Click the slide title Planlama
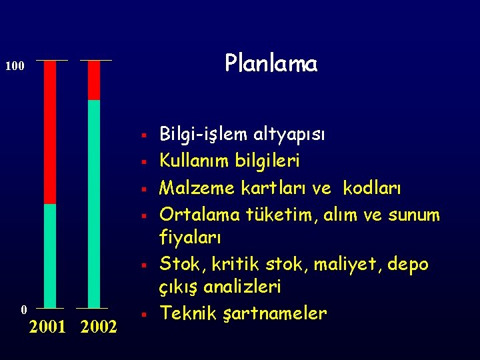click(271, 63)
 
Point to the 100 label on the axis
click(15, 67)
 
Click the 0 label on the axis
click(23, 309)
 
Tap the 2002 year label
click(99, 327)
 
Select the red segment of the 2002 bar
click(94, 80)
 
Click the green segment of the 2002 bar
click(94, 203)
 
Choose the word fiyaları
click(190, 237)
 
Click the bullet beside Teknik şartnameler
click(144, 314)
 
